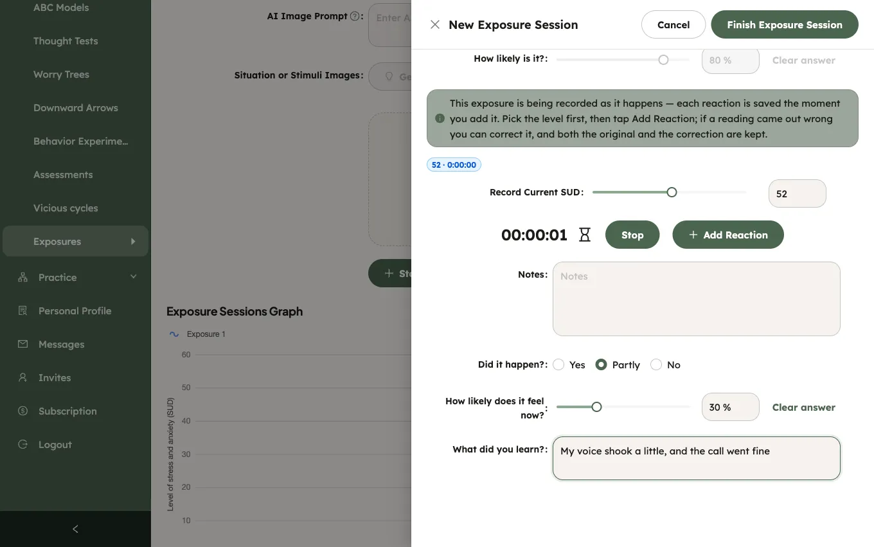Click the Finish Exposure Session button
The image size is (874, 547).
784,24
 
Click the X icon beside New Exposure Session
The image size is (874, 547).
434,24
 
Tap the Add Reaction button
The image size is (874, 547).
727,235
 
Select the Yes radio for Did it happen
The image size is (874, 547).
558,364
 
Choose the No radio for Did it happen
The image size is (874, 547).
656,364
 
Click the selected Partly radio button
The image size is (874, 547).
601,364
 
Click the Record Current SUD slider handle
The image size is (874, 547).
672,192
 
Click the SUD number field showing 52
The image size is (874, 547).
797,193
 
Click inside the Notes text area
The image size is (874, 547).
696,299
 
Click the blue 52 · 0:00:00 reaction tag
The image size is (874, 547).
454,165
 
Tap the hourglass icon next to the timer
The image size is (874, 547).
585,235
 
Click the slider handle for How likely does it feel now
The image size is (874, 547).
596,407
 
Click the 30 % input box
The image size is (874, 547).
731,407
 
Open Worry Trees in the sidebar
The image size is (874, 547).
61,74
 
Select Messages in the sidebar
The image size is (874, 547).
61,344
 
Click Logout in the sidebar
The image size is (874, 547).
55,444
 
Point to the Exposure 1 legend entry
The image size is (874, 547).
197,334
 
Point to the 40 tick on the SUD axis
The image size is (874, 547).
186,420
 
